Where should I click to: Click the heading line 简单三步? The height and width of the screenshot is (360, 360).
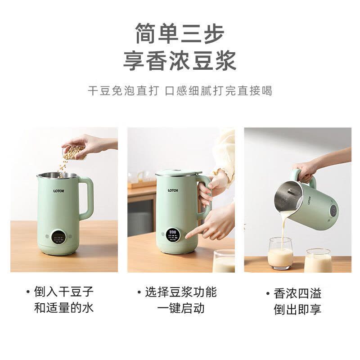pos(180,34)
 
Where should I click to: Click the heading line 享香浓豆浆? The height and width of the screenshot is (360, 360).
pos(180,60)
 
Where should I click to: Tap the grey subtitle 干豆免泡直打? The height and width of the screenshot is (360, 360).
pos(123,90)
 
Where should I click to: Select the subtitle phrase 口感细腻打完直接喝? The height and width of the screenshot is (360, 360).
pos(219,90)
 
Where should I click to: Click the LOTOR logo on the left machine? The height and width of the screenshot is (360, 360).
pos(59,191)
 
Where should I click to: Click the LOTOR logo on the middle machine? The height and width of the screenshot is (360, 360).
pos(173,190)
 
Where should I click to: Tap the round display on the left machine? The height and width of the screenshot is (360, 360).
pos(58,238)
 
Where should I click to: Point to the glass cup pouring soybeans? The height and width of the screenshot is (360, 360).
pos(74,152)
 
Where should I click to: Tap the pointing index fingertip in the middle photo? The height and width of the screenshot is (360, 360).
pos(187,237)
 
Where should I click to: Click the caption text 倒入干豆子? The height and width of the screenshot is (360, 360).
pos(63,292)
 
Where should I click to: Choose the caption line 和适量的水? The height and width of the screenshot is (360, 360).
pos(63,308)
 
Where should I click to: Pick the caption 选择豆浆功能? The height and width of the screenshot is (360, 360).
pos(181,292)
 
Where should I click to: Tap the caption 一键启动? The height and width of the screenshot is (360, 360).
pos(181,308)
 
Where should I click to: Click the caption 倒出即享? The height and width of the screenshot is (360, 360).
pos(297,309)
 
